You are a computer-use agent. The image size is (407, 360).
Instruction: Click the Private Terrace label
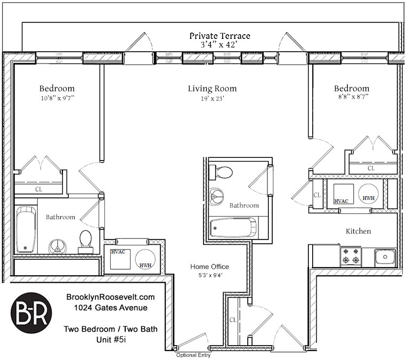tap(219, 36)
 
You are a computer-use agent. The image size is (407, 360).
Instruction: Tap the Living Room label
tap(212, 89)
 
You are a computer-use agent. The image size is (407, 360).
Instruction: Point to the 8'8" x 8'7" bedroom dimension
tap(351, 98)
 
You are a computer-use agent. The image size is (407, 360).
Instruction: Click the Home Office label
tap(210, 267)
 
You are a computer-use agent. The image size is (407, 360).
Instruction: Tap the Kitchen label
tap(358, 231)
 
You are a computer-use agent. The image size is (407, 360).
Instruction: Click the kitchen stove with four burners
tap(352, 256)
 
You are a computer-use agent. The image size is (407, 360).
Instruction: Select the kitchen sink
tap(384, 257)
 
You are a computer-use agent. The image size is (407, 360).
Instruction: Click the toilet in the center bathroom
tap(222, 172)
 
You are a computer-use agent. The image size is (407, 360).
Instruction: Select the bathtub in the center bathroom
tap(233, 228)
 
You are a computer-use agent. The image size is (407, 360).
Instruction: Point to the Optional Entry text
tap(194, 355)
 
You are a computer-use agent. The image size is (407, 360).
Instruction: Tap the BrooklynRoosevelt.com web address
tap(111, 297)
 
